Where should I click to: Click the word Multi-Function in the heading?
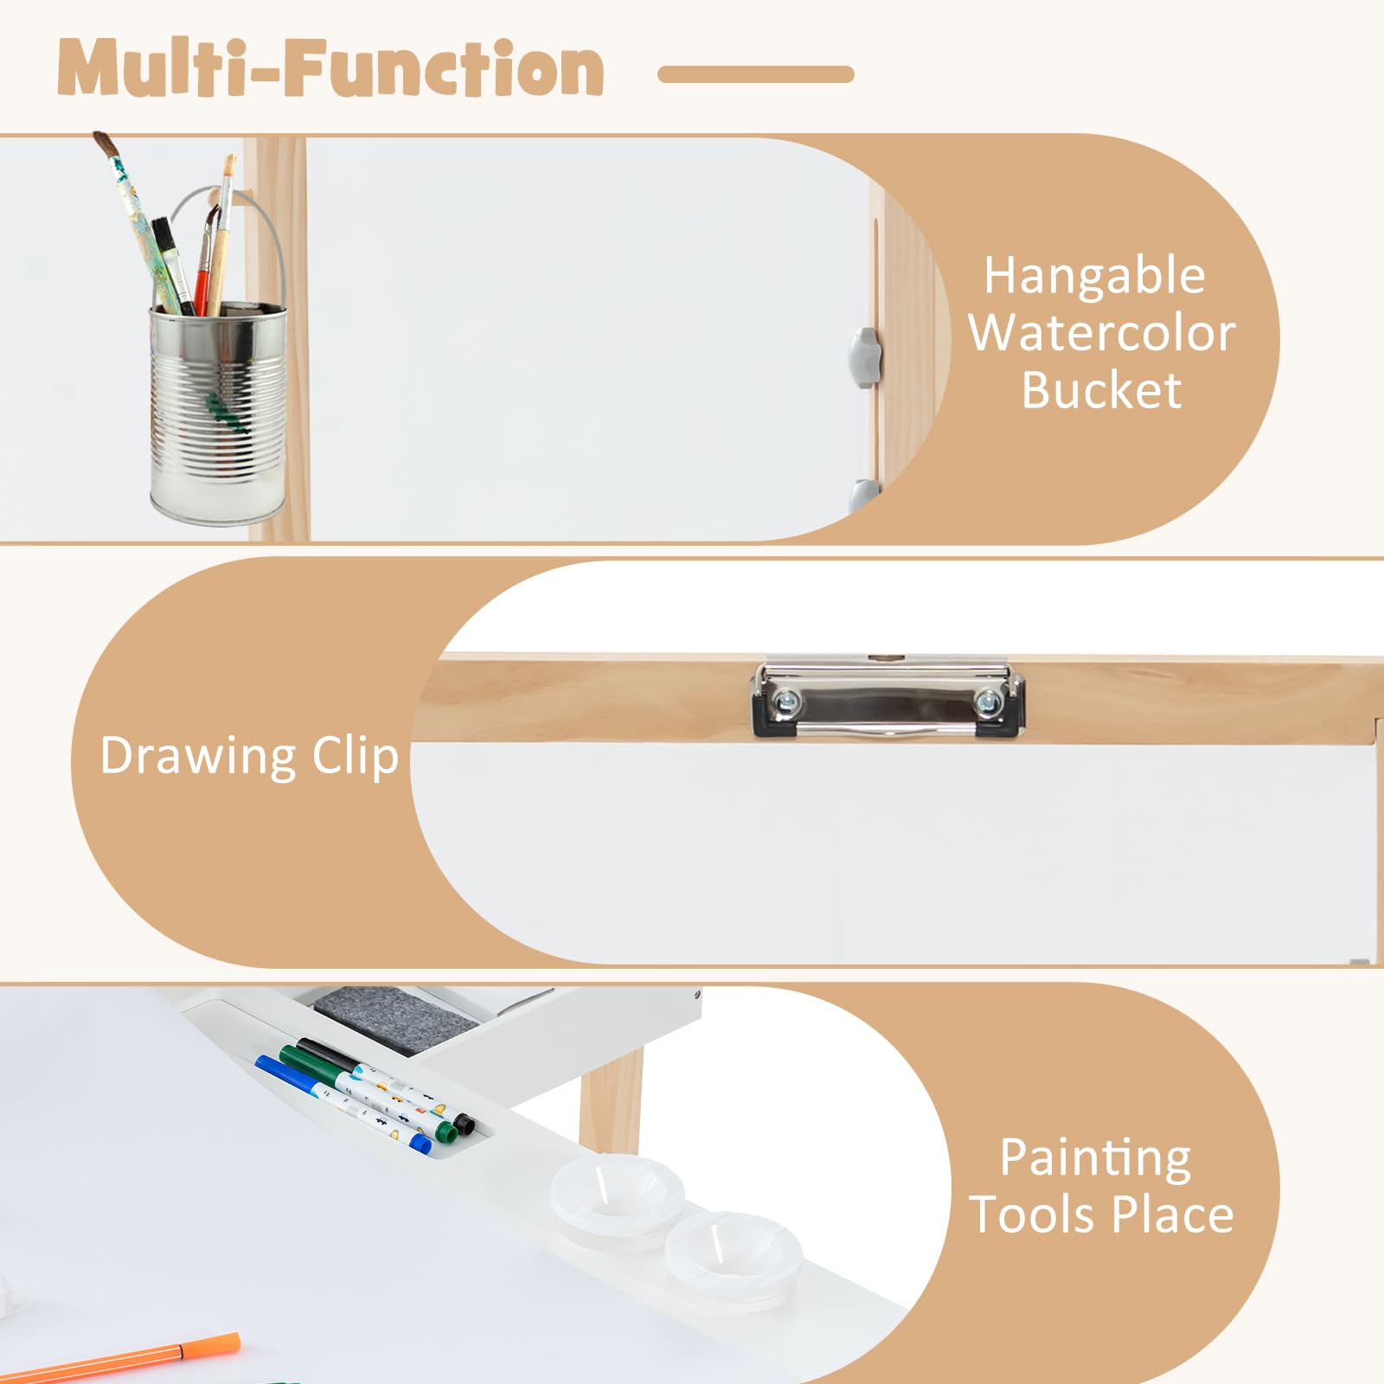[330, 69]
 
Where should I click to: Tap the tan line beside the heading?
[755, 74]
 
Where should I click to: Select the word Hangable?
[1094, 277]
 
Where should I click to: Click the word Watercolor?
[1101, 334]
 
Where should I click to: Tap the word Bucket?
[1101, 390]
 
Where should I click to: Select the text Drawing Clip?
[249, 756]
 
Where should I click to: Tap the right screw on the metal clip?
[987, 702]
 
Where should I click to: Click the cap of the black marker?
[464, 1124]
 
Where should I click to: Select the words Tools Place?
[1101, 1214]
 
